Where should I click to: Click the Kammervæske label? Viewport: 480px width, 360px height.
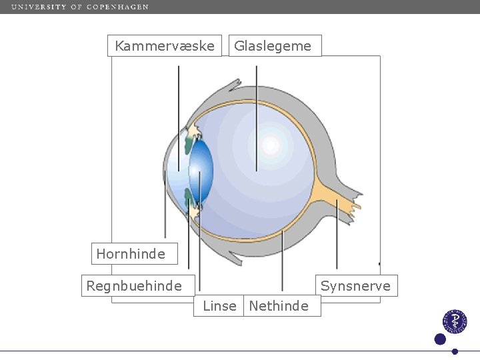165,46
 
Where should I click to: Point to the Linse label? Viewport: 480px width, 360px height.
219,306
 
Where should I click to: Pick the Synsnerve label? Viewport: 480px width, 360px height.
355,286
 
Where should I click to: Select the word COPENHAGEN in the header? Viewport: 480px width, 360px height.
118,7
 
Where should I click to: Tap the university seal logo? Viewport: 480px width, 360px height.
456,321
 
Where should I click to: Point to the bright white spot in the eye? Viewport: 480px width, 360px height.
271,145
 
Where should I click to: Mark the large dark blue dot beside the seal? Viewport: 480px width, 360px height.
440,339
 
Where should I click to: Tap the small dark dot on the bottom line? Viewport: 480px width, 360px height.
455,351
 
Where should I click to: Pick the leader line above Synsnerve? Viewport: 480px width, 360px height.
337,233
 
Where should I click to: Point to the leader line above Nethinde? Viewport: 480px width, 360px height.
282,260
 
